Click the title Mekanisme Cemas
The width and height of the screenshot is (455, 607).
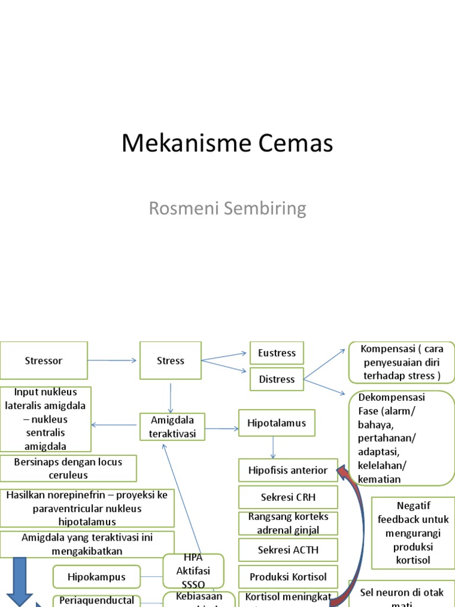(227, 144)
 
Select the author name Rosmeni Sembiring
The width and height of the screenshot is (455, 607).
(227, 209)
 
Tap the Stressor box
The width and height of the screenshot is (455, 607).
(44, 360)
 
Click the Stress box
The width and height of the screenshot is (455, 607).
(171, 360)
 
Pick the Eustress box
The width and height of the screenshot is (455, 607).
(277, 353)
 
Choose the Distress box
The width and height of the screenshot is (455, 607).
(277, 379)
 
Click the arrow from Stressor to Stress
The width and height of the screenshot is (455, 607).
(113, 360)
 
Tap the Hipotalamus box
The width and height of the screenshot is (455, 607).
(277, 423)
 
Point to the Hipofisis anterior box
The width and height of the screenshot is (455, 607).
(288, 470)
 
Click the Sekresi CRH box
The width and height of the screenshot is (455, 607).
(288, 497)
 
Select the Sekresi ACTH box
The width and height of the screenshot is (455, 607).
(288, 550)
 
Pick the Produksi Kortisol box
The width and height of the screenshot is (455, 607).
(288, 577)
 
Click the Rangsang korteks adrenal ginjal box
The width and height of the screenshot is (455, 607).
(288, 523)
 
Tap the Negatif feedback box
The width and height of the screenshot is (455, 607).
(413, 532)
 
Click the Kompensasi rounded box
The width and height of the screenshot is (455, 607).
(402, 362)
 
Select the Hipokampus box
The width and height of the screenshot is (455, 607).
(97, 577)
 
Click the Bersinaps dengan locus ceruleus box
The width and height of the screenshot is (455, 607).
(68, 468)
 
